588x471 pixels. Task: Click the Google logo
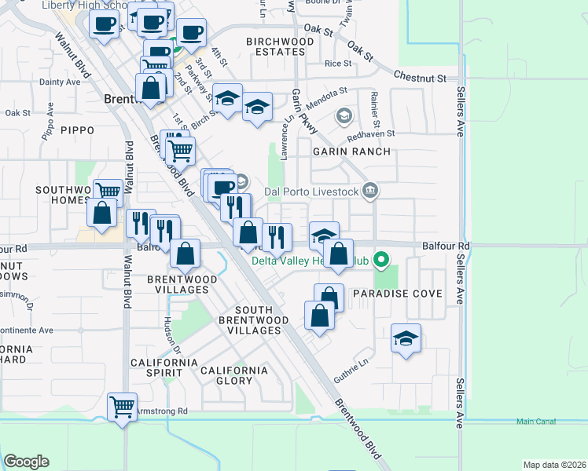point(27,462)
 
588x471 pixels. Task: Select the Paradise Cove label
point(397,294)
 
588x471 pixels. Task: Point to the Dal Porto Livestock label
point(312,191)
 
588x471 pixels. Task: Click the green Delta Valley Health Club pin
point(382,258)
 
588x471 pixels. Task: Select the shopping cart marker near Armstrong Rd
point(122,407)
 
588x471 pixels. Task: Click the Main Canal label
point(536,422)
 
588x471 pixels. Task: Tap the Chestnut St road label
point(420,78)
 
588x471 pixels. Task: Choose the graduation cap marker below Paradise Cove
point(406,338)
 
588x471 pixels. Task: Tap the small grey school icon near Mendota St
point(343,116)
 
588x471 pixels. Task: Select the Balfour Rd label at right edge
point(445,246)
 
